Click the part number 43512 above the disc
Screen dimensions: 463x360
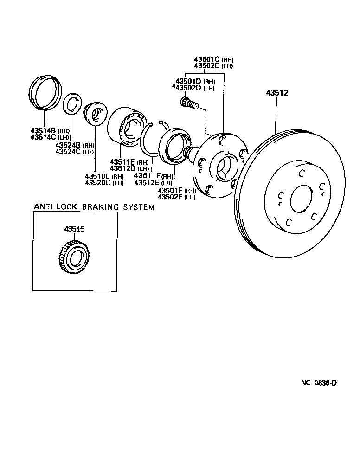(x=277, y=93)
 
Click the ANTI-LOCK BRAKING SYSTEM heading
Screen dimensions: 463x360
(x=94, y=207)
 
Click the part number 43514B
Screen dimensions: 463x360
(x=43, y=131)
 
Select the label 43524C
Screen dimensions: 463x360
(x=68, y=152)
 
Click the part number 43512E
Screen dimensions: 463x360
(x=147, y=183)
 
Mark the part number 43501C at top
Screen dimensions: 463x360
(x=207, y=59)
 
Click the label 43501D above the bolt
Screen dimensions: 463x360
(x=188, y=82)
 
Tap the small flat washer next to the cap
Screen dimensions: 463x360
(x=72, y=103)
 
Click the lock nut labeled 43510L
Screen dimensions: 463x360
(x=95, y=114)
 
